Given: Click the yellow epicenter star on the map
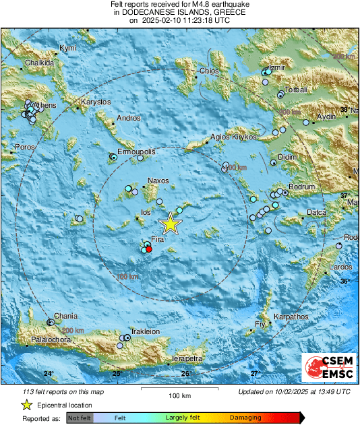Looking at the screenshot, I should coord(171,224).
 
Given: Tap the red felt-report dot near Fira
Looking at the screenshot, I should coord(149,249).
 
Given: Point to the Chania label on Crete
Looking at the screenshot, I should coord(65,316).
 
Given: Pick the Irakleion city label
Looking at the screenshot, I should coord(145,331).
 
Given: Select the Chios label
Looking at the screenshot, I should coord(206,71).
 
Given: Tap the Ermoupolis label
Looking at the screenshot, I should coord(136,152).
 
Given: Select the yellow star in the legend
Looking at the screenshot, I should coord(27,405).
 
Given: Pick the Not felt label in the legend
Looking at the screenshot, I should coord(80,418).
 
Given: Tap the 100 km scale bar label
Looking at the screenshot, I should coord(179,395).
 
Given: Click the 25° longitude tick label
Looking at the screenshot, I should coord(117,373).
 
